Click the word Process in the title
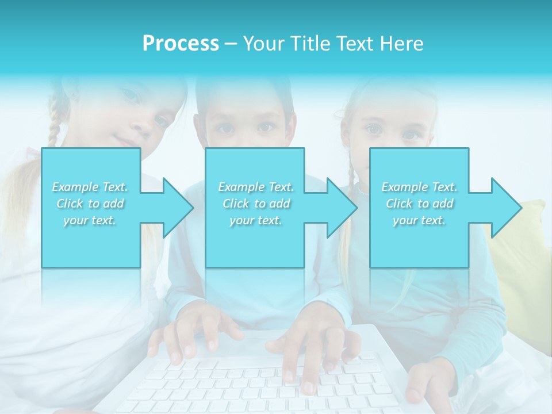tap(181, 44)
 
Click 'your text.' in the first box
tap(90, 220)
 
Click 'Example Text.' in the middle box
tap(255, 187)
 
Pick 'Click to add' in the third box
tap(419, 204)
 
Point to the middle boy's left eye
tap(265, 128)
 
